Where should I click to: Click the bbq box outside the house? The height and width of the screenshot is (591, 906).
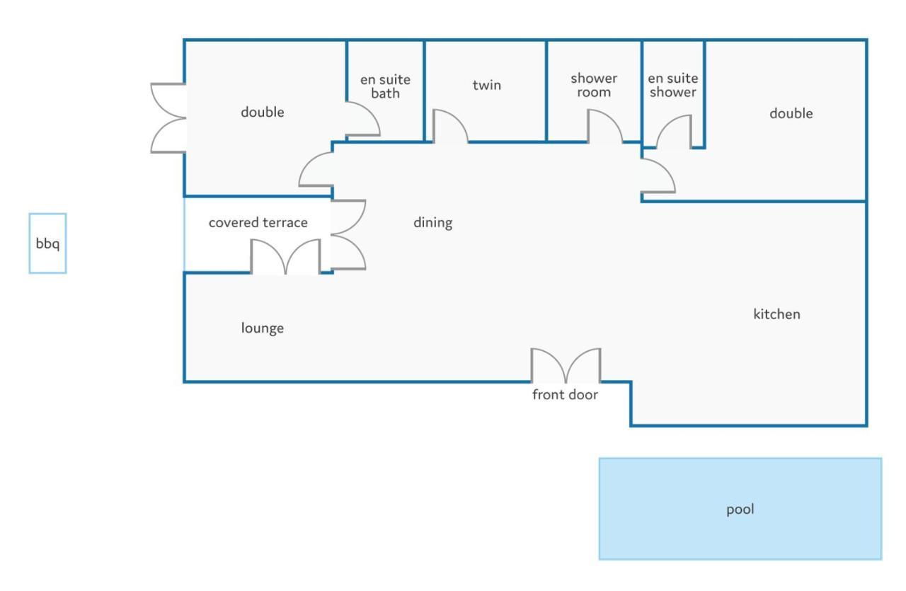[x=47, y=243]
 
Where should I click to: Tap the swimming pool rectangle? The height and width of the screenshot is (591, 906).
[x=740, y=538]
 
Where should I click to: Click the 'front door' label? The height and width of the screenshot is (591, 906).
[x=565, y=395]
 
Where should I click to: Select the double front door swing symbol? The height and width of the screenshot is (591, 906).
[x=566, y=365]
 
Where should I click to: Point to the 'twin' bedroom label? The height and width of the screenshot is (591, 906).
[x=486, y=86]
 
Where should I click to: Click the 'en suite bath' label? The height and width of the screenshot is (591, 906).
[x=385, y=86]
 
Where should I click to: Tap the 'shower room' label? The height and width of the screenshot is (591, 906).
[x=594, y=85]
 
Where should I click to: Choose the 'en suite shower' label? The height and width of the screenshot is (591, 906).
[x=672, y=85]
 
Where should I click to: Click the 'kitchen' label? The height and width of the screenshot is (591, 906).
[x=776, y=314]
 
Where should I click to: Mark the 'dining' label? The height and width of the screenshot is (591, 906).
[x=432, y=223]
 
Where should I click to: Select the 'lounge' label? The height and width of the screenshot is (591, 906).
[x=262, y=328]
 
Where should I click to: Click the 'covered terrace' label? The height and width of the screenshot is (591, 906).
[x=258, y=223]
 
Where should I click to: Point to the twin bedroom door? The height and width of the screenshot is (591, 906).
[x=449, y=128]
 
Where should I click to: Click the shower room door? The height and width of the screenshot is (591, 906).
[x=604, y=128]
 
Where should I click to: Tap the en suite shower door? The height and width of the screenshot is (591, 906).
[x=673, y=133]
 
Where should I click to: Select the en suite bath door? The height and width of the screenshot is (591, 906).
[x=362, y=119]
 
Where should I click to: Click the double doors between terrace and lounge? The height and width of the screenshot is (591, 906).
[x=285, y=257]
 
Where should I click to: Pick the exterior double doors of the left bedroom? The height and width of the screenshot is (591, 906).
[x=169, y=117]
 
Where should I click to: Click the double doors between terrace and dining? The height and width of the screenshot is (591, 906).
[x=348, y=235]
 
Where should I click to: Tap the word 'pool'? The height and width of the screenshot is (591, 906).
[x=740, y=509]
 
